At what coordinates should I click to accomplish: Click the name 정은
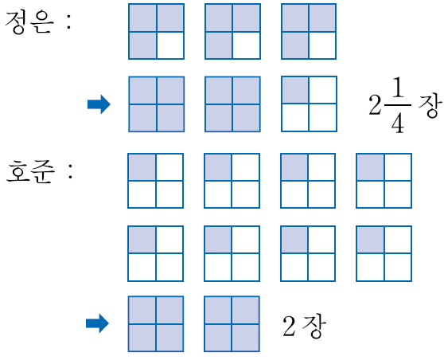(29, 23)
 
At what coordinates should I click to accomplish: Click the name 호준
(30, 171)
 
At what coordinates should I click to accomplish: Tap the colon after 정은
(68, 22)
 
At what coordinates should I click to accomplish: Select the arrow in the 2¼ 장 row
(99, 104)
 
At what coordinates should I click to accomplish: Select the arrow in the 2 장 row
(97, 323)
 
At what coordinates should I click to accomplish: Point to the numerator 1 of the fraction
(398, 88)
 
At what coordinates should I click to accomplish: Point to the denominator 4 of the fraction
(398, 122)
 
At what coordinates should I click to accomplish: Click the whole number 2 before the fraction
(376, 104)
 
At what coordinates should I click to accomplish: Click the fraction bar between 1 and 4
(397, 105)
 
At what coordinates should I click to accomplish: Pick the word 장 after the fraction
(430, 105)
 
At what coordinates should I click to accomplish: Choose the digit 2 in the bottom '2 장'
(289, 326)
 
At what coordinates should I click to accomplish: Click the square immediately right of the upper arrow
(157, 104)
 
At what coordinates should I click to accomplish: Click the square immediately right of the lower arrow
(156, 324)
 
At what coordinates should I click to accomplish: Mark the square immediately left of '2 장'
(232, 324)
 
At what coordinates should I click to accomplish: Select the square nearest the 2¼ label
(309, 104)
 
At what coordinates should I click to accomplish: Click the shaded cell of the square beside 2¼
(295, 91)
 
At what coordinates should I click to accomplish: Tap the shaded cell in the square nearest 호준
(142, 167)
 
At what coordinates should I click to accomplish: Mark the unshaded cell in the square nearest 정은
(170, 45)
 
